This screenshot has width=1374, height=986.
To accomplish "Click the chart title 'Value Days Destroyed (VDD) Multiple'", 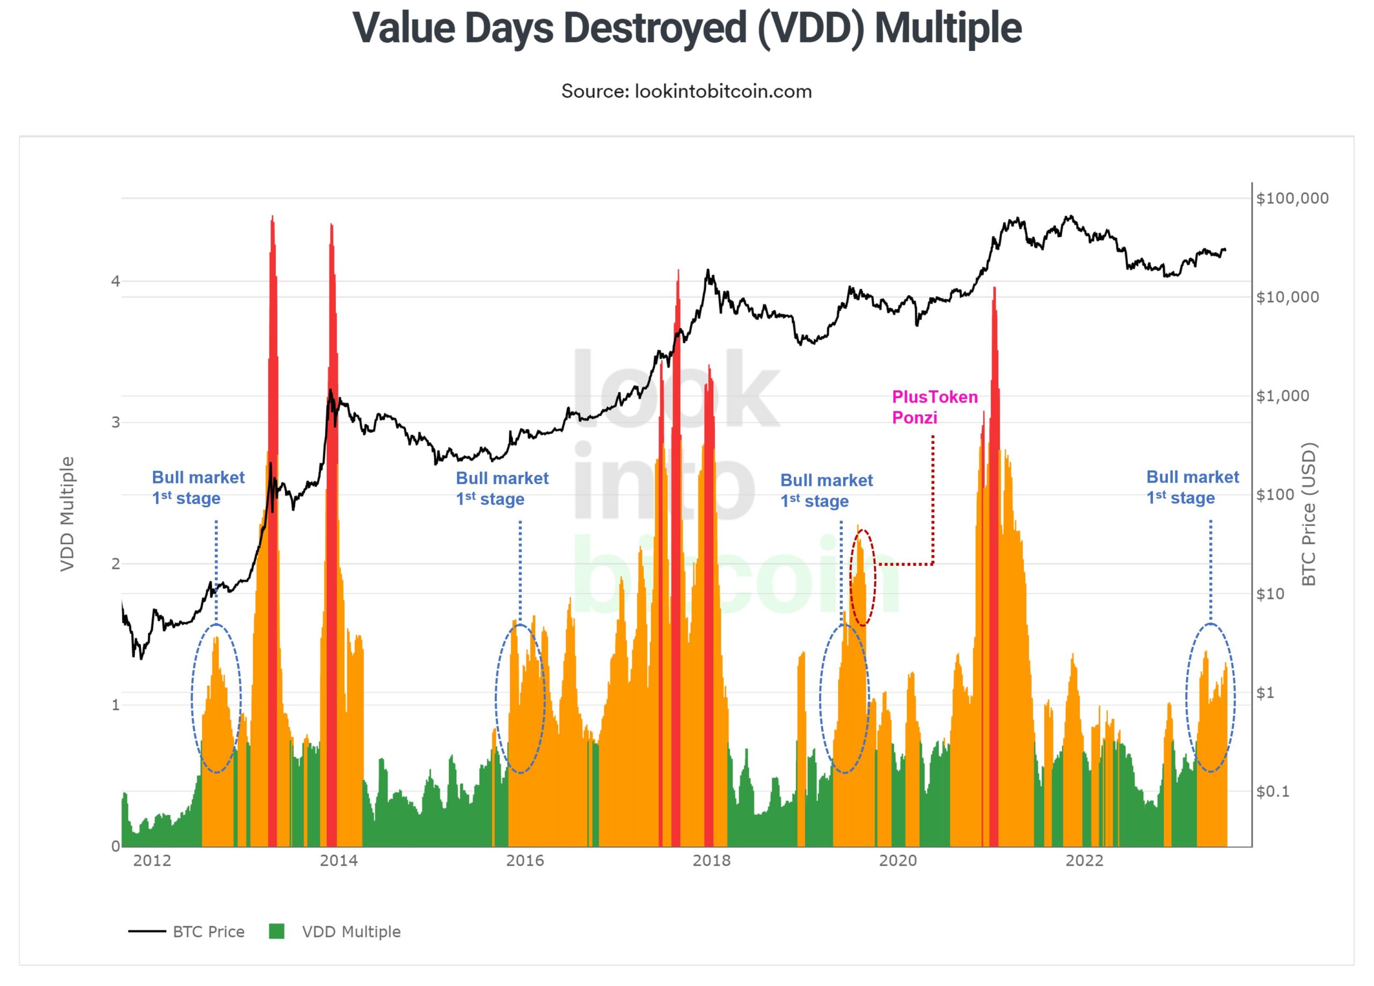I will [686, 28].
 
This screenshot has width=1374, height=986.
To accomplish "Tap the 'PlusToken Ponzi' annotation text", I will [934, 407].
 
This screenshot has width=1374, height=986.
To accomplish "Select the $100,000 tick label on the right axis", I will [1292, 198].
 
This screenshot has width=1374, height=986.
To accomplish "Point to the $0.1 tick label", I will [1273, 792].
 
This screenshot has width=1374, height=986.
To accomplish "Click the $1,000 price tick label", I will [1283, 396].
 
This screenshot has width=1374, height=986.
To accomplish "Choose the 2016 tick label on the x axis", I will [524, 860].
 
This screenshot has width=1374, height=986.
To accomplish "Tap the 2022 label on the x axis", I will [1084, 860].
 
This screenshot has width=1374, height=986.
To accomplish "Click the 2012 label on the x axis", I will [152, 860].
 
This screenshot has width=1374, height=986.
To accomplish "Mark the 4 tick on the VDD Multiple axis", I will [115, 281].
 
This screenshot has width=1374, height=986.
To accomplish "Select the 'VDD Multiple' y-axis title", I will [67, 514].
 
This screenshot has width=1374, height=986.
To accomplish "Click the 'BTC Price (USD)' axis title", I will [1310, 514].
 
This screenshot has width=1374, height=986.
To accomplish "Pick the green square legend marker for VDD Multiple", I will [276, 931].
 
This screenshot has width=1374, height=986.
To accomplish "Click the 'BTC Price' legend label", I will [208, 932].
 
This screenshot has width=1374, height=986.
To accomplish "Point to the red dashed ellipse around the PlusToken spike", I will [863, 577].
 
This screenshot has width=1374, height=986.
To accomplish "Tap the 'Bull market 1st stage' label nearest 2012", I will [198, 488].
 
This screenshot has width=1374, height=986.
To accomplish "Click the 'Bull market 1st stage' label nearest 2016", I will [502, 488].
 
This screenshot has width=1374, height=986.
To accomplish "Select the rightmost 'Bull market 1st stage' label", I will [1192, 487].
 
